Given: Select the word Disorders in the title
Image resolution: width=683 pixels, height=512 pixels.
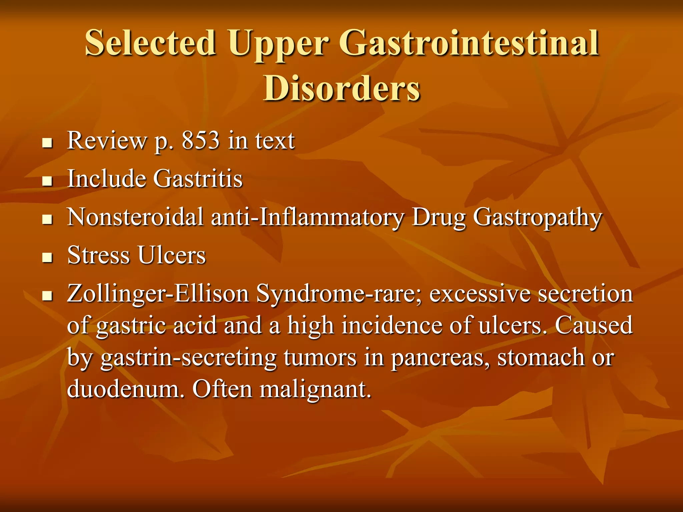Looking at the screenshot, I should pos(341,88).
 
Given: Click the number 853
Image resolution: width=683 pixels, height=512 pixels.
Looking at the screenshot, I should pos(200,140).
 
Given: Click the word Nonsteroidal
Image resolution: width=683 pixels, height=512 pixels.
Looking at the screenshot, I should pos(135,217).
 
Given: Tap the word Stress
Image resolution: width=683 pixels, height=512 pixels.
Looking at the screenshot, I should pos(98,255).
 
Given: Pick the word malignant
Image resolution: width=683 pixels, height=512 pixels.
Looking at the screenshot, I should pos(315,389).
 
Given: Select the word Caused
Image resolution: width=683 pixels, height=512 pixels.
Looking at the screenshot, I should pos(594,325).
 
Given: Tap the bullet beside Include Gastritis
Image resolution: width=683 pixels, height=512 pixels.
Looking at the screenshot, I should pos(48,181).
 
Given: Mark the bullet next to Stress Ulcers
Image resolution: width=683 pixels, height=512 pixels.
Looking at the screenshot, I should pos(48,258).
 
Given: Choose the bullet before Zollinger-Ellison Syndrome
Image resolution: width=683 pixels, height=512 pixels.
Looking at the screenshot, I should pos(48,296).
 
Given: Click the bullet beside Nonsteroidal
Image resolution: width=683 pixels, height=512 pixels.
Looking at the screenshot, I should pos(48,220).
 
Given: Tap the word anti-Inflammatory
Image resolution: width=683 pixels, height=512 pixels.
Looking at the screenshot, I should pos(307,217).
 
